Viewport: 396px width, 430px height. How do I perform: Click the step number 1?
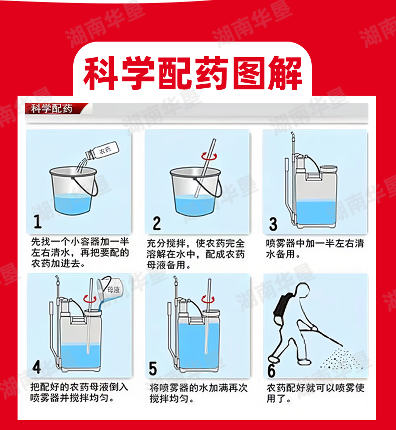(x=38, y=222)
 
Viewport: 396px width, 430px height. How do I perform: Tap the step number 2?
(x=157, y=223)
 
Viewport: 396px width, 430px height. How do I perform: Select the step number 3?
(x=273, y=224)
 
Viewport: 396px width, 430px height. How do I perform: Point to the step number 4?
(x=37, y=367)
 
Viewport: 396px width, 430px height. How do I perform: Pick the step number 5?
(x=153, y=368)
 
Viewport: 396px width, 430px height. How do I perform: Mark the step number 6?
(x=272, y=370)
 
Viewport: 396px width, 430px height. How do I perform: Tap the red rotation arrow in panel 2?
(x=209, y=156)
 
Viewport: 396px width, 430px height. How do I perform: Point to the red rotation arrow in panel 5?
(x=208, y=299)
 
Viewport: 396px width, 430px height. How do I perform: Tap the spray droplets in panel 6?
(x=341, y=359)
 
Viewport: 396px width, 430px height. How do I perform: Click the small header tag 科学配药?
(x=52, y=109)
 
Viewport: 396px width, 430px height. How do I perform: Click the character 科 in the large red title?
(x=100, y=74)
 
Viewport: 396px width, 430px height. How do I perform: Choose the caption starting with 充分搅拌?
(x=195, y=254)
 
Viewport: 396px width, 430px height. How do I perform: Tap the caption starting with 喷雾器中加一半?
(x=315, y=249)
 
